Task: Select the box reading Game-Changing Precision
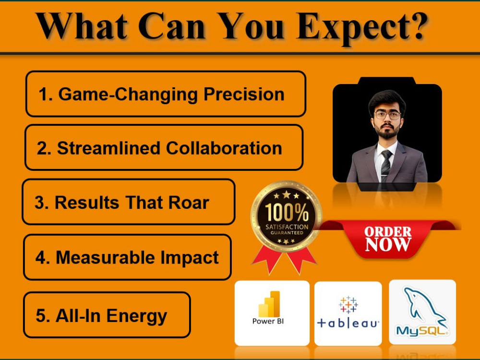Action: [x=166, y=94]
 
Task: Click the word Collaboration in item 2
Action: [x=224, y=148]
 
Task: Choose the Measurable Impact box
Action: [x=127, y=257]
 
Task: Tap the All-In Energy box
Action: [x=107, y=315]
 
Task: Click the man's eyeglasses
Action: [x=387, y=115]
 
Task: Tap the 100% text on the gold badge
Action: [x=287, y=213]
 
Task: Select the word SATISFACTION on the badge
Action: [x=287, y=227]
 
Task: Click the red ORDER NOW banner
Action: [x=388, y=239]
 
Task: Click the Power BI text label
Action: [x=268, y=321]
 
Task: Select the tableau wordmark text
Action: [x=348, y=323]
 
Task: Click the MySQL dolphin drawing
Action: [x=424, y=308]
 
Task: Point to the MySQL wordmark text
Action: [x=422, y=331]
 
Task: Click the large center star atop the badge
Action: [x=287, y=194]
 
